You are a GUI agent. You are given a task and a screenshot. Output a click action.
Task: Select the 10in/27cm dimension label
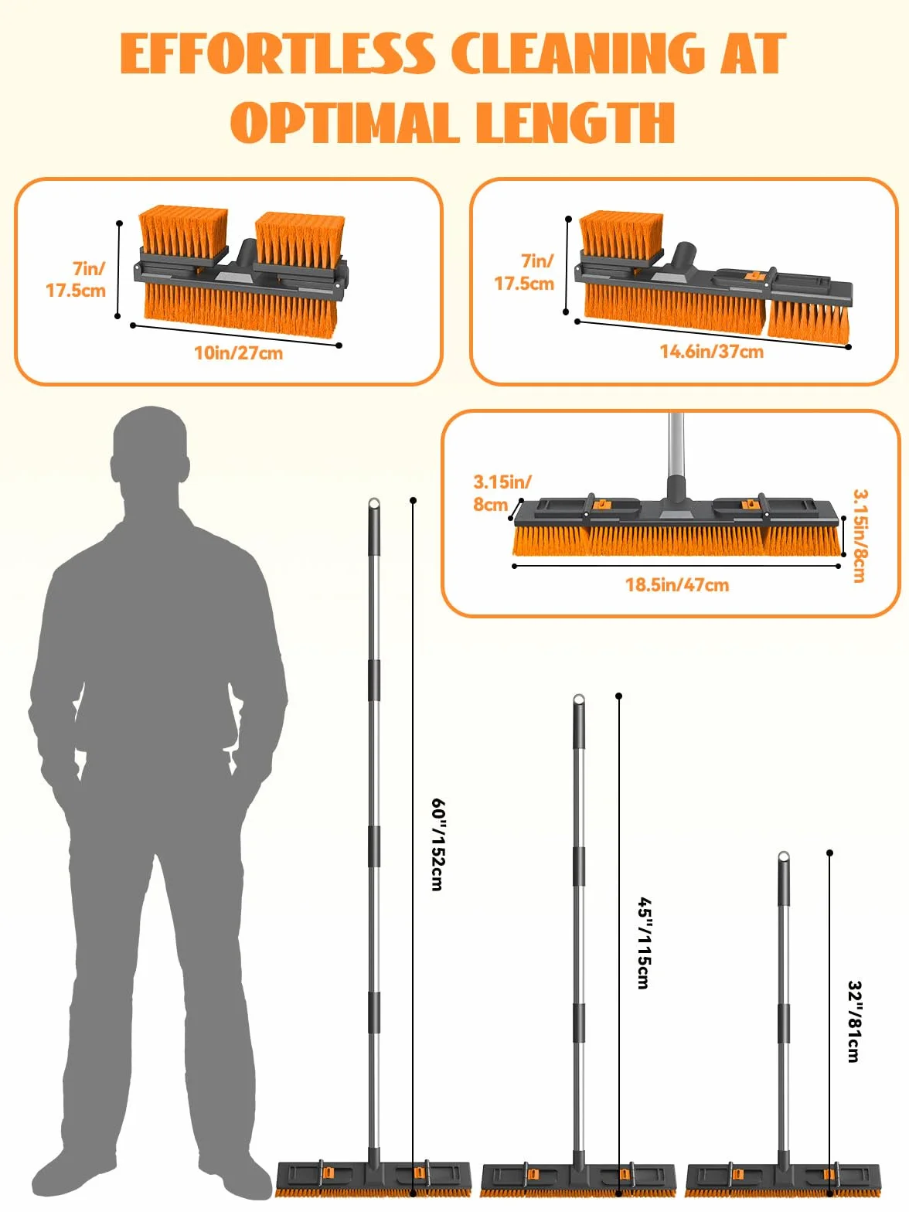click(x=238, y=352)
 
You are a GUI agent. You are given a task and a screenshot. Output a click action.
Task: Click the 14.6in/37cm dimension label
click(x=712, y=352)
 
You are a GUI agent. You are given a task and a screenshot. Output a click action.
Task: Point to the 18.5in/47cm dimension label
click(x=677, y=584)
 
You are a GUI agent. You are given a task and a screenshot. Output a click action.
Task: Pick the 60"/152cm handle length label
click(x=437, y=844)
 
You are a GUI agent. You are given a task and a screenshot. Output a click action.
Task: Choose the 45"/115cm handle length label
click(x=644, y=942)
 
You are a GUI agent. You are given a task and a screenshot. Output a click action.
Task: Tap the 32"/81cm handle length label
click(x=854, y=1022)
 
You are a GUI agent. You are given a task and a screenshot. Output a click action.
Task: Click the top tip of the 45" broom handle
click(x=578, y=697)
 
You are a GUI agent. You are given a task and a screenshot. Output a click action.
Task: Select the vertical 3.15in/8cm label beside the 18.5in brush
click(x=859, y=536)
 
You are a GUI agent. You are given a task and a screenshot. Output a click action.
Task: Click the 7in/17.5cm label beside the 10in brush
click(x=76, y=279)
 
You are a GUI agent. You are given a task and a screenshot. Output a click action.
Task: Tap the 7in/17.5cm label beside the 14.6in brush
click(x=524, y=272)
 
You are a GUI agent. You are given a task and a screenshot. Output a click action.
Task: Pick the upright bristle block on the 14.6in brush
click(x=621, y=236)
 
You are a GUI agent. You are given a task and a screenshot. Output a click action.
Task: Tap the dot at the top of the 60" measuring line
click(x=413, y=500)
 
